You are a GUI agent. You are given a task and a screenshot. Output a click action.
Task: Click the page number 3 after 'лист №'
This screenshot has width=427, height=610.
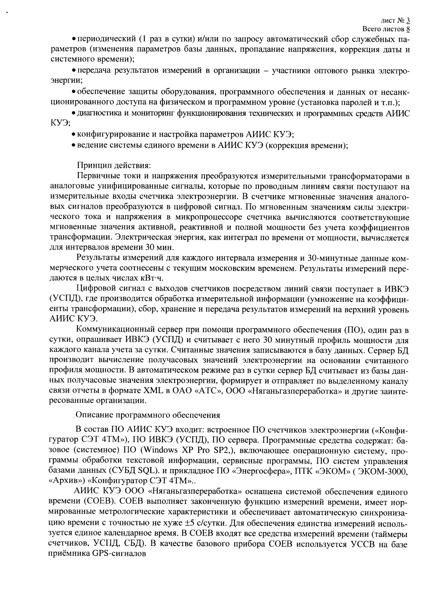click(408, 21)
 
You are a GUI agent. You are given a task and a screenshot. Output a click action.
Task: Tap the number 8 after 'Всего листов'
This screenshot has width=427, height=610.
click(408, 29)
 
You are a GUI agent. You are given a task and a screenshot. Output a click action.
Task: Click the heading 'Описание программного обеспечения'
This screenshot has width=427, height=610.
click(148, 415)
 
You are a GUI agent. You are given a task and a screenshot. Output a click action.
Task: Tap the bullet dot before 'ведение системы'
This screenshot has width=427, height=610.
click(74, 145)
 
